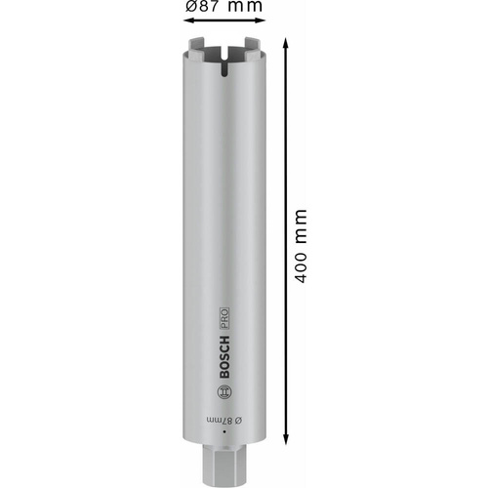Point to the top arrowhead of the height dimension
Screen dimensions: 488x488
click(x=285, y=45)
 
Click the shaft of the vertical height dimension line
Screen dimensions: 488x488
click(x=285, y=146)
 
